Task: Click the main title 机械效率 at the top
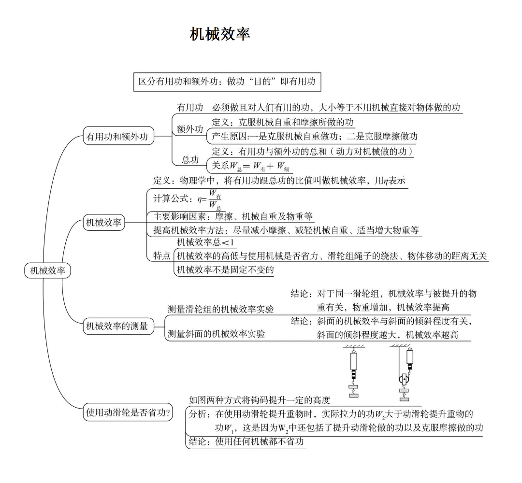pos(220,35)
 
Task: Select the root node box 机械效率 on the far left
pos(47,271)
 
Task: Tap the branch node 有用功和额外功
pos(116,137)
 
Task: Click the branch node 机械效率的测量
pos(116,327)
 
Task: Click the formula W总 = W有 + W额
pos(251,166)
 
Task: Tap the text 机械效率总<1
pos(206,242)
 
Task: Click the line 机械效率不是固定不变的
pos(225,270)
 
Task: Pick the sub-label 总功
pos(190,160)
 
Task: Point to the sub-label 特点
pos(162,256)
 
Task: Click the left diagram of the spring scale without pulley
pos(354,371)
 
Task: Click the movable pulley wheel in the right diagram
pos(404,380)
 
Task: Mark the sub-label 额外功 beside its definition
pos(190,129)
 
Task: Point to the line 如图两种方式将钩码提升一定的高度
pos(260,400)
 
